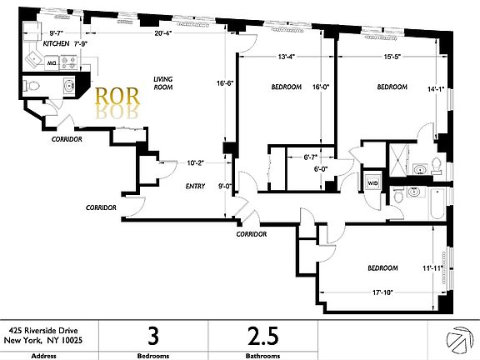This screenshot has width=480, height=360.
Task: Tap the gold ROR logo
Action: coord(116,97)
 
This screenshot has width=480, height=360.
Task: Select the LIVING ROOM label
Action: coord(163,83)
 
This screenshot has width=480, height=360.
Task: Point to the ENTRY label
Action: coord(195,188)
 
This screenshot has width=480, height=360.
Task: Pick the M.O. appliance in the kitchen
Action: coord(51,62)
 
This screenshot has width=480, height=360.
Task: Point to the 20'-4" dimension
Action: coord(163,34)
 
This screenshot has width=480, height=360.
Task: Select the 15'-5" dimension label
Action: coord(395,57)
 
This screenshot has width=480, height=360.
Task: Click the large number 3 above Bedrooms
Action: coord(152,337)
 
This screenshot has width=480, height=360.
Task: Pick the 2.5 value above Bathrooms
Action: coord(262,337)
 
